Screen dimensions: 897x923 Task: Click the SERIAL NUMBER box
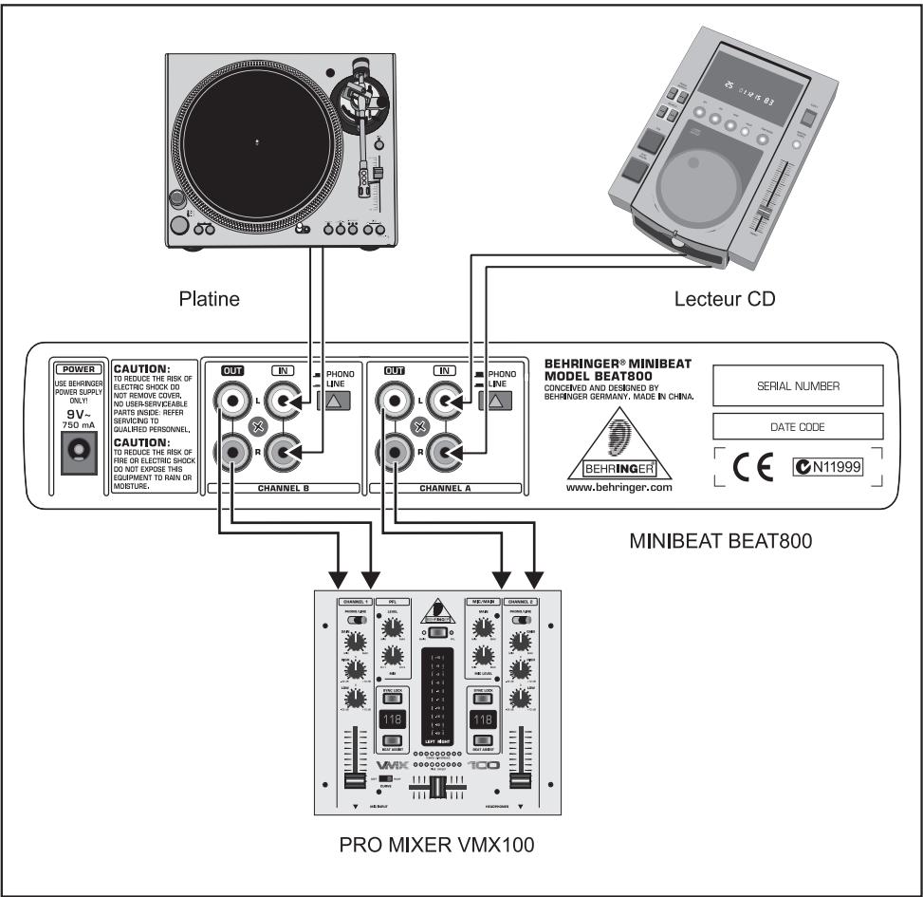point(797,386)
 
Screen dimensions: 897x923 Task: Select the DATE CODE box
point(797,427)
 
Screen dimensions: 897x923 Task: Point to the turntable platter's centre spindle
point(258,141)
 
